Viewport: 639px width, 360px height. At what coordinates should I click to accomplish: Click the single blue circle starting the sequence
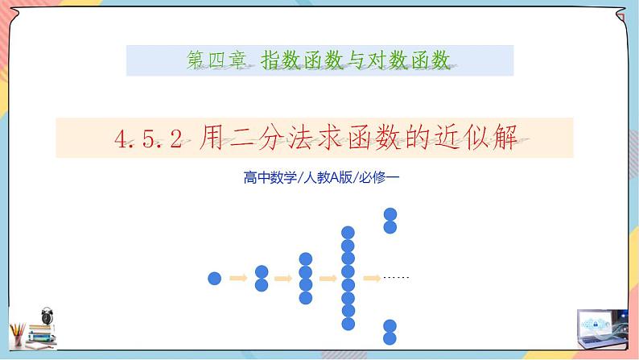[214, 279]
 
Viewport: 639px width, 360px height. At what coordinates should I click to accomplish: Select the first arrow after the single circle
[237, 279]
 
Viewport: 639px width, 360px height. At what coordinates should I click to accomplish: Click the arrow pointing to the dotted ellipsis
[371, 279]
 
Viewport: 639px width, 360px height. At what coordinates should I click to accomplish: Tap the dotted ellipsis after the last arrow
[397, 278]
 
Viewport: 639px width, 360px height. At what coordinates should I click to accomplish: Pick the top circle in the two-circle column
[261, 272]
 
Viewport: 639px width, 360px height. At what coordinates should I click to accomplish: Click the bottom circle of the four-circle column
[305, 298]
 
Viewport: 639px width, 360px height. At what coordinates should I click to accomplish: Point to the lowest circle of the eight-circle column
[348, 323]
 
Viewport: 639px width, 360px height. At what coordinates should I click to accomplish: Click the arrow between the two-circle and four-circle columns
[282, 279]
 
